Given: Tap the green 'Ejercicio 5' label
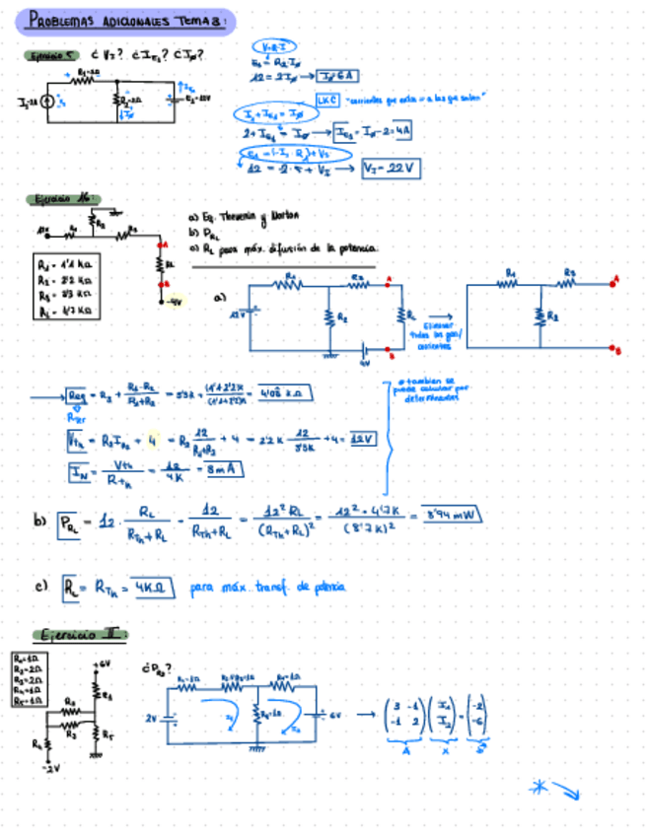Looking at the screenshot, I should [x=52, y=56].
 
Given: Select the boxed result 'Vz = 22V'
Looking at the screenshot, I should [x=391, y=169].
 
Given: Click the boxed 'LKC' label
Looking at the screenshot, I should [x=326, y=101].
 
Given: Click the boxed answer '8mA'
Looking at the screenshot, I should [x=222, y=470].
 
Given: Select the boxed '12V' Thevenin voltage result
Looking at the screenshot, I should [x=363, y=439].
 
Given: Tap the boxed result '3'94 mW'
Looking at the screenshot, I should [x=451, y=514].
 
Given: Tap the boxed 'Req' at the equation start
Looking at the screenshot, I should [x=78, y=395].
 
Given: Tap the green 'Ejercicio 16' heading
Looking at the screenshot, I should [x=62, y=200].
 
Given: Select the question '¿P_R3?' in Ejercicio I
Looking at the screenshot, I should [x=159, y=667].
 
